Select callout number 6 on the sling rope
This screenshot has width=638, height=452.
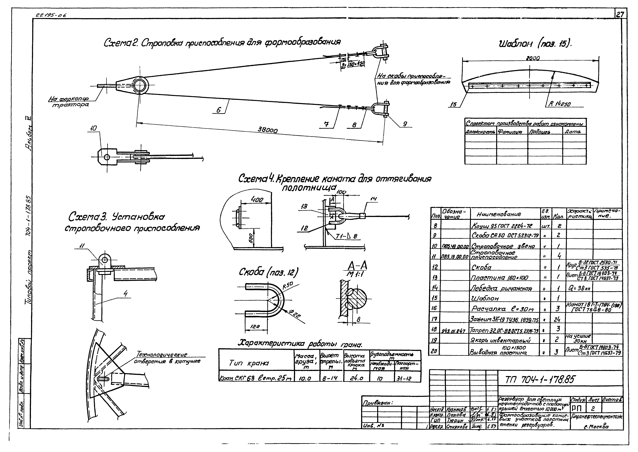point(219,110)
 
